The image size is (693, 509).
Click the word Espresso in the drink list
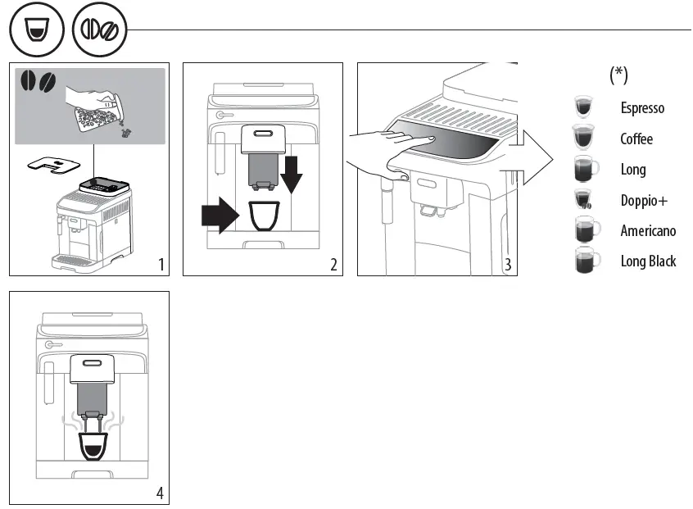point(641,108)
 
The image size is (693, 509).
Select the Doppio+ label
point(644,200)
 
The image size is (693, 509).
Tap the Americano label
point(648,230)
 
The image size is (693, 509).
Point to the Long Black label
point(648,261)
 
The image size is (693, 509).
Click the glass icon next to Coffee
point(585,138)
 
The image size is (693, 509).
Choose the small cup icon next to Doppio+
point(584,200)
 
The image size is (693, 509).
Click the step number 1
point(162,264)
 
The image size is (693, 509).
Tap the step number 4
point(160,493)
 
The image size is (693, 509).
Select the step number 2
point(333,264)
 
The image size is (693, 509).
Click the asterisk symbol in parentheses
point(618,75)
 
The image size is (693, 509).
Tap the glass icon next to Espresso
point(585,107)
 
